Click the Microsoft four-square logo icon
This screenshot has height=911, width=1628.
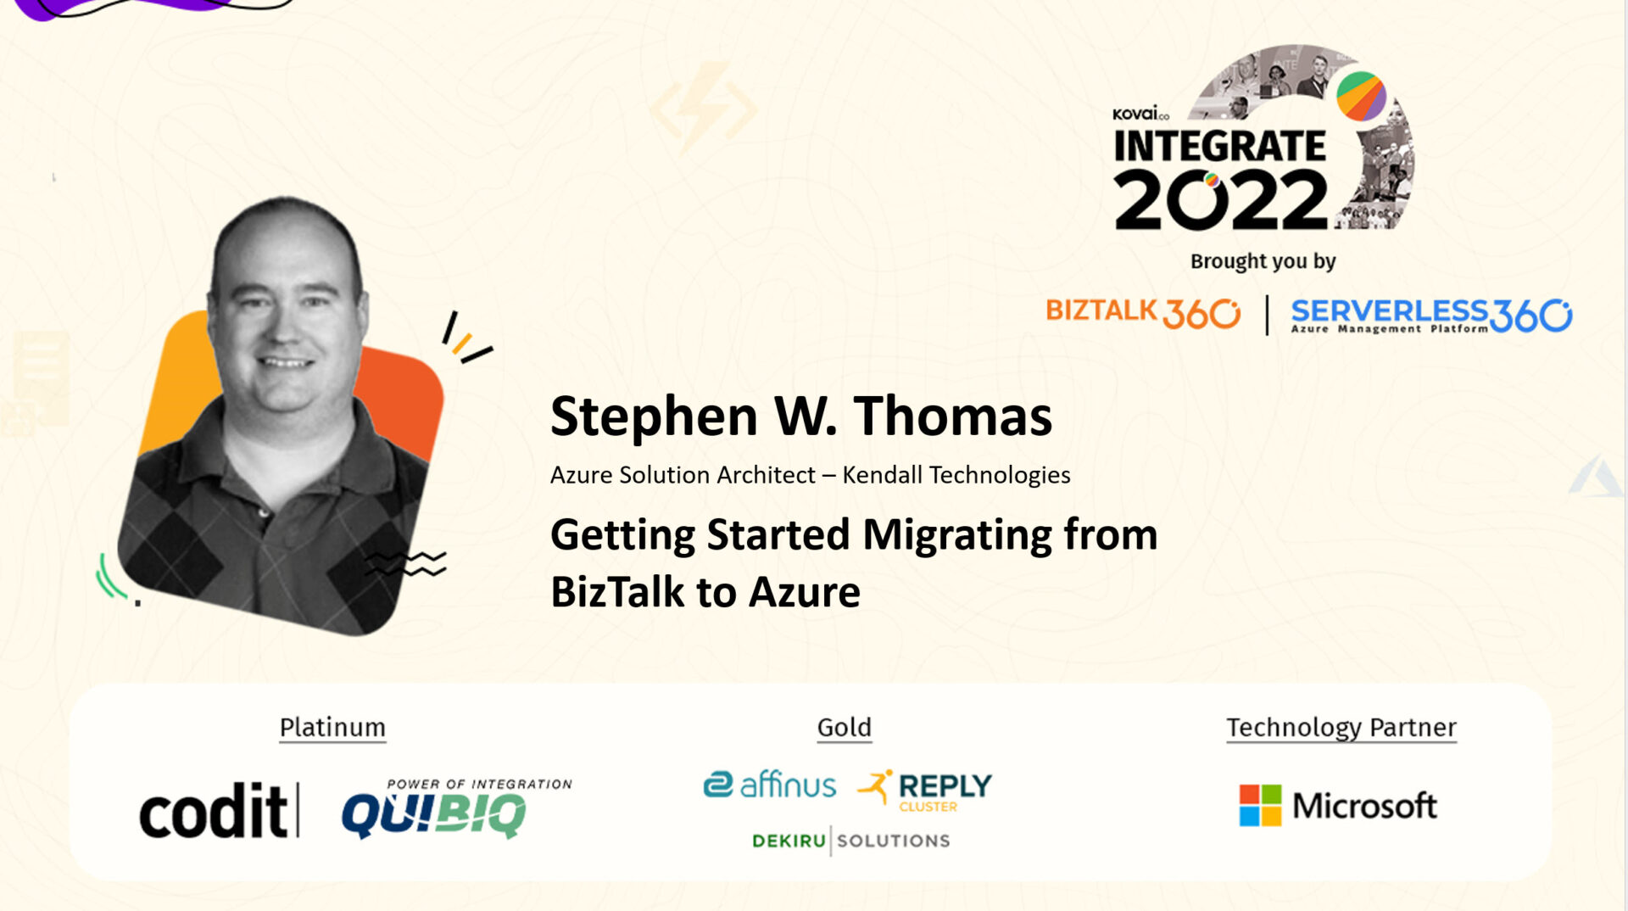tap(1260, 805)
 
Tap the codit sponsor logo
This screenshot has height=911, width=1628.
tap(220, 809)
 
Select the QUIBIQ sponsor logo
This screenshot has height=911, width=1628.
tap(456, 808)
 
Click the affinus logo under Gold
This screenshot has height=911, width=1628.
tap(770, 785)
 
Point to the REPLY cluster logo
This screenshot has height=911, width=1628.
tap(924, 790)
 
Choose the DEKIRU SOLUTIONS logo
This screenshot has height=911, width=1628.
tap(850, 841)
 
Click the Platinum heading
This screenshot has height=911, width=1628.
tap(332, 728)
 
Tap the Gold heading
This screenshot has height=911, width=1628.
tap(844, 728)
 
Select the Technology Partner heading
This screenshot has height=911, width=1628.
tap(1341, 728)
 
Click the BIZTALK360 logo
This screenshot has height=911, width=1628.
tap(1143, 312)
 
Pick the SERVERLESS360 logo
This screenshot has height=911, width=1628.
tap(1431, 315)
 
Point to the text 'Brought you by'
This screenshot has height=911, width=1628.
tap(1263, 261)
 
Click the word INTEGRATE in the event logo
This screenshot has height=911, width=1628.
tap(1219, 146)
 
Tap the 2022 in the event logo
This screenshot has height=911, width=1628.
tap(1221, 199)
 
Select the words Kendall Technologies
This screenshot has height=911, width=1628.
tap(956, 475)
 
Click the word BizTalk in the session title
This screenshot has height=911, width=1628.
tap(617, 591)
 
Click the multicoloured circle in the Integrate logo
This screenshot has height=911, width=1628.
tap(1361, 96)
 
